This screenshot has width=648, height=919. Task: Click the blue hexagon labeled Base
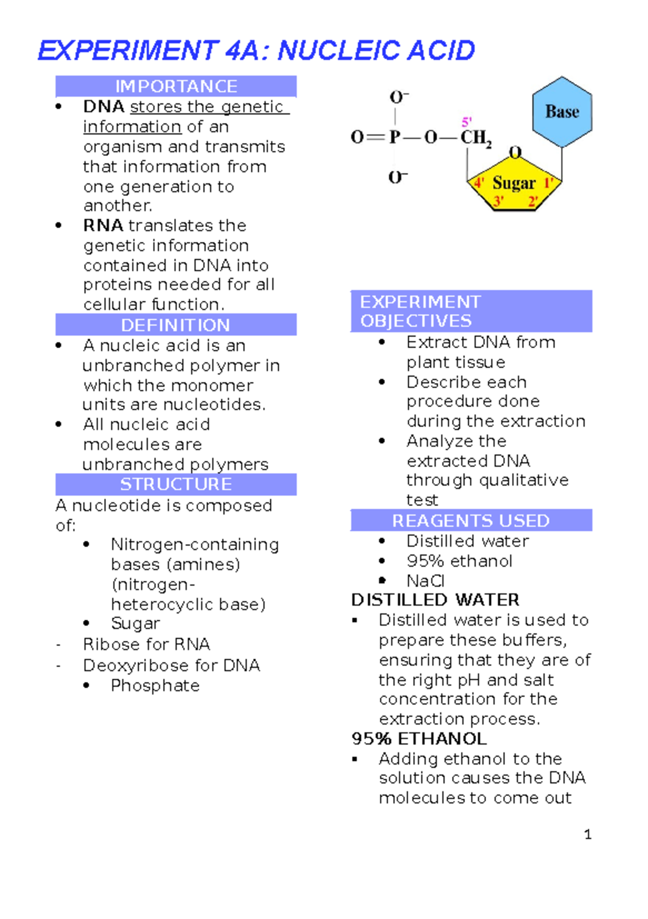click(x=562, y=112)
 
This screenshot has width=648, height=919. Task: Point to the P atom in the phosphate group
click(x=395, y=137)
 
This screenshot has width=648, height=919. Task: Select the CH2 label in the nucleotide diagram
click(x=476, y=138)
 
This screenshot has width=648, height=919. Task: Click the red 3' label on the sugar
click(x=498, y=202)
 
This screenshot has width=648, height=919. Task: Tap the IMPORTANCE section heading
click(x=176, y=86)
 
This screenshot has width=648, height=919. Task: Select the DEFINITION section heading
click(x=175, y=325)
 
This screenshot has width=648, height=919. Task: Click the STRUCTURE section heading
click(x=176, y=484)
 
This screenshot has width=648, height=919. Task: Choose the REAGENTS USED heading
click(x=471, y=521)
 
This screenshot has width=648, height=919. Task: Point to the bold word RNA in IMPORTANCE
click(x=103, y=225)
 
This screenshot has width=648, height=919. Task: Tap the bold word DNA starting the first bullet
click(x=104, y=106)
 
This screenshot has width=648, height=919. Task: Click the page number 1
click(x=588, y=835)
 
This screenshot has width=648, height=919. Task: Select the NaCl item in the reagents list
click(x=426, y=581)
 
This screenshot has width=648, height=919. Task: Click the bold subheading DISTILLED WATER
click(x=435, y=600)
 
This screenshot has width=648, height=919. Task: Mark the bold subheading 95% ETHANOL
click(x=419, y=739)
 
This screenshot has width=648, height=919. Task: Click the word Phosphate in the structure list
click(x=156, y=686)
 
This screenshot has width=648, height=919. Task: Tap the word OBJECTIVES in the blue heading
click(x=416, y=321)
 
